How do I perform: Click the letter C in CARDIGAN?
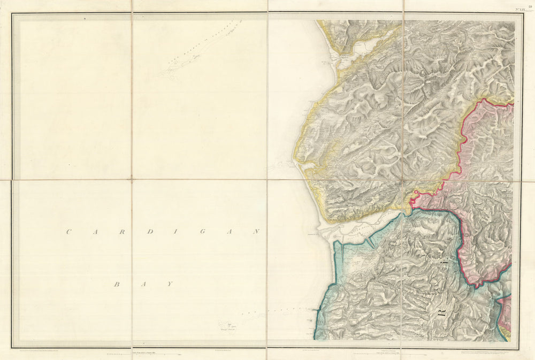click(68, 232)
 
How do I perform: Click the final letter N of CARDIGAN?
click(256, 232)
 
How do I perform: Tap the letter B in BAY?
click(116, 284)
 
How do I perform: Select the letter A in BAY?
click(142, 284)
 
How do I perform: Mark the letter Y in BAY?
click(170, 284)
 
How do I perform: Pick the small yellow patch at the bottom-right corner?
click(506, 336)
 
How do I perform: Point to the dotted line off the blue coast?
click(278, 311)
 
